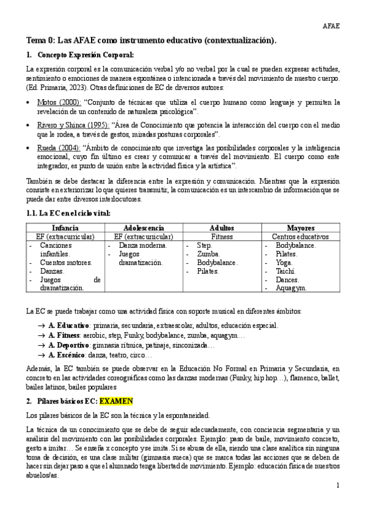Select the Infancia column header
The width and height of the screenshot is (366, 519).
point(65,228)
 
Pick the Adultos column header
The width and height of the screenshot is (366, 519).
point(222,228)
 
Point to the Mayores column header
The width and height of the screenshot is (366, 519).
point(301,228)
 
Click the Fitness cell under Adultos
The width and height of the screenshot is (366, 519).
point(222,236)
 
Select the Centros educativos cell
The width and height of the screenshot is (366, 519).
point(301,236)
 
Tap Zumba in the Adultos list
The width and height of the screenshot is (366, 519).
point(208,253)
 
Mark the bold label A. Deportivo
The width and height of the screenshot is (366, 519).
point(70,345)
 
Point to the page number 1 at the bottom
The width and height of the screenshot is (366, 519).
point(337,485)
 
